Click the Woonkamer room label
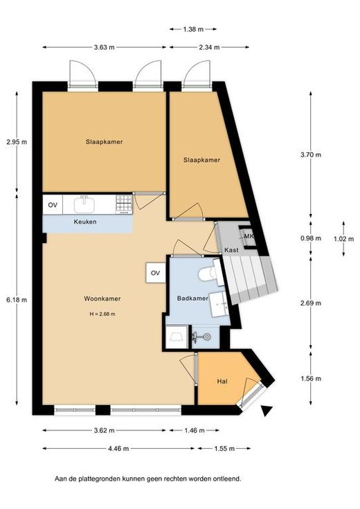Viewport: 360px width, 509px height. (x=102, y=298)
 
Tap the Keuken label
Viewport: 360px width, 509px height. (x=85, y=222)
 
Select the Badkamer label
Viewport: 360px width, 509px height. (x=192, y=298)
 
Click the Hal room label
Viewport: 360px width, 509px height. (x=222, y=382)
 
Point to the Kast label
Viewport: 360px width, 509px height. (x=231, y=250)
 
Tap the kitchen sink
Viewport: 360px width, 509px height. (x=84, y=204)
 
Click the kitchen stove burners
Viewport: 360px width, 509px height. (x=124, y=204)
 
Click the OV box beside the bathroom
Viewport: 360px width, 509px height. (x=156, y=273)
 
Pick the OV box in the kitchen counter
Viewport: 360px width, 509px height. (x=53, y=205)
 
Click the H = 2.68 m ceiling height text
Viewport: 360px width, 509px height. (x=102, y=314)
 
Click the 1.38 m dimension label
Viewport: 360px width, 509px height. (x=193, y=29)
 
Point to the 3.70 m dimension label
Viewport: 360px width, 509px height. (x=311, y=154)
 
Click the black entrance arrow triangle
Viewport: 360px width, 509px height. (x=267, y=411)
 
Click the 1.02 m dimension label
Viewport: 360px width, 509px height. (x=344, y=239)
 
